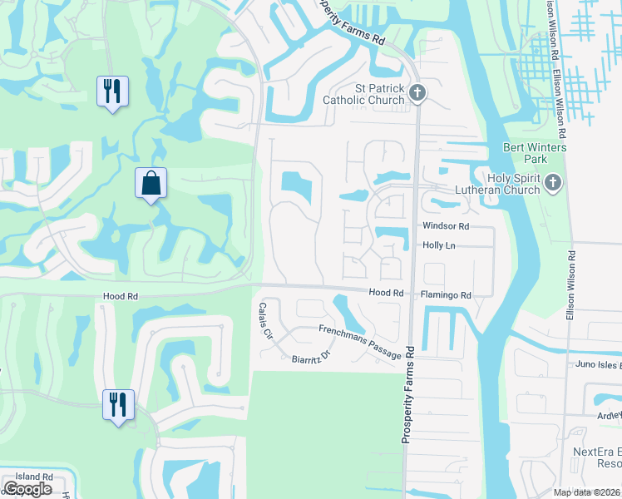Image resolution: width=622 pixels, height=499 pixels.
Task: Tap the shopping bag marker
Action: coord(151,184)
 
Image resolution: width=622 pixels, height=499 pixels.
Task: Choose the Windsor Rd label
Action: coord(446,226)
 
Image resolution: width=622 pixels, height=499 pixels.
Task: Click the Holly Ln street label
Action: coord(440,246)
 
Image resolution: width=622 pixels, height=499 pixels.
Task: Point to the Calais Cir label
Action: coord(265,320)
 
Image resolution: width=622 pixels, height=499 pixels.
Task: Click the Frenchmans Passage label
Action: coord(360,342)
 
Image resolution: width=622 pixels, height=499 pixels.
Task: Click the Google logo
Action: coord(27,489)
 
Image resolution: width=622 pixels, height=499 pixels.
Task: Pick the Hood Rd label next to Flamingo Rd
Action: coord(386,294)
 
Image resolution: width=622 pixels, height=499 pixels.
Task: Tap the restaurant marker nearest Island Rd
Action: coord(117,405)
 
